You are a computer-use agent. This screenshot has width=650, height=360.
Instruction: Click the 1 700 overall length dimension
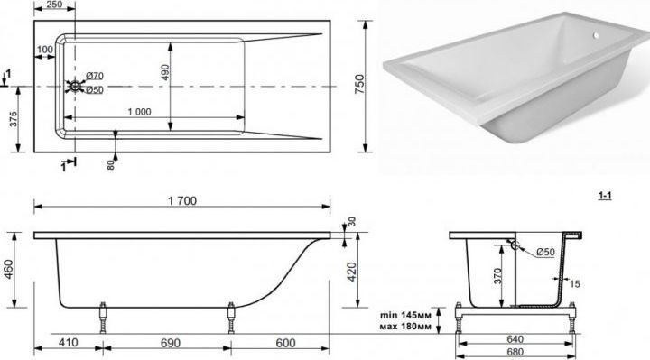(182, 201)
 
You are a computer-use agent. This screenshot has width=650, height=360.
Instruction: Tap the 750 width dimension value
(360, 84)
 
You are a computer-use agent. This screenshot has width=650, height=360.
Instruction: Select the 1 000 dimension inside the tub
(139, 112)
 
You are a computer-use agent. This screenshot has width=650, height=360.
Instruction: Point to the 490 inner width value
(164, 72)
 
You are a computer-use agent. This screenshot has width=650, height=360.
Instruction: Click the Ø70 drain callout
(95, 76)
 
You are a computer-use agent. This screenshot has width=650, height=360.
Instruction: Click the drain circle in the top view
(75, 87)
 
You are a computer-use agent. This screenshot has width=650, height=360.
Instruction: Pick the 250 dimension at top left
(54, 5)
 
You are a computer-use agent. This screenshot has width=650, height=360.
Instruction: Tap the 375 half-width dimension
(14, 119)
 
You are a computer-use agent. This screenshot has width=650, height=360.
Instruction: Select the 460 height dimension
(8, 269)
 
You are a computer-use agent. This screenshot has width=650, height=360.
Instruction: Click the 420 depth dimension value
(351, 272)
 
